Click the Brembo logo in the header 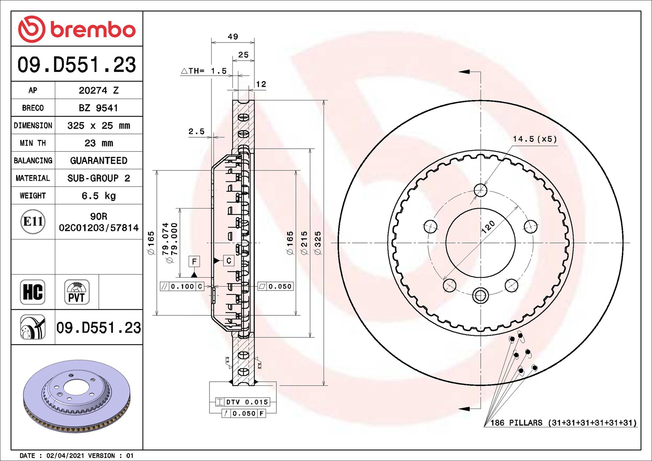coord(76,29)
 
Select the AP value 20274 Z coord(99,90)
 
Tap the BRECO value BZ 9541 coord(99,108)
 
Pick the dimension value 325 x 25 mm coord(99,126)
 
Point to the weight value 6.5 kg coord(99,196)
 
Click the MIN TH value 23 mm coord(99,143)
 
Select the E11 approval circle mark coord(33,221)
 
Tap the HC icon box coord(33,292)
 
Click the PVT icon coord(76,292)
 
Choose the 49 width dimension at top coord(233,36)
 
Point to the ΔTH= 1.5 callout coord(204,71)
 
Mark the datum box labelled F coord(194,261)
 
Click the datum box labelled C coord(229,261)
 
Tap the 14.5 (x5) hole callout coord(535,139)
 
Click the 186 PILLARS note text coord(563,422)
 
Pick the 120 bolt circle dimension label coord(488,227)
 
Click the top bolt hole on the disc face coord(480,190)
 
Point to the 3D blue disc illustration coord(76,396)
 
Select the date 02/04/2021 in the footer coord(65,455)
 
